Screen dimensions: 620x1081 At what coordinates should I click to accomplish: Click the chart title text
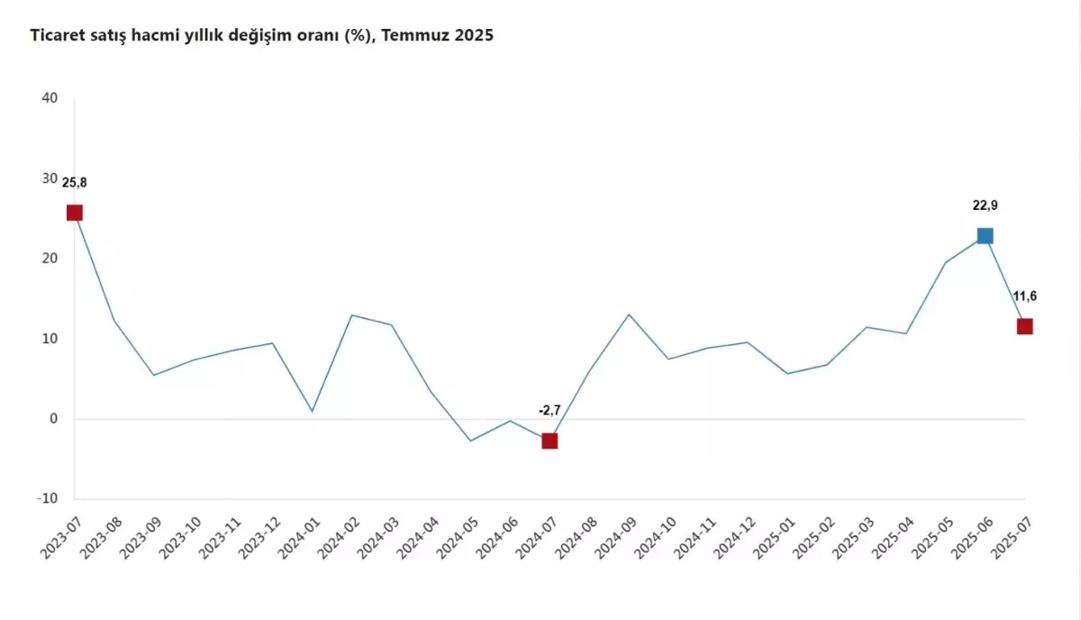tap(262, 36)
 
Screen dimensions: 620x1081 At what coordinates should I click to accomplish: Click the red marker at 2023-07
tap(75, 213)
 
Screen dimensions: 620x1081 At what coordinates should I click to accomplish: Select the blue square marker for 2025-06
tap(985, 236)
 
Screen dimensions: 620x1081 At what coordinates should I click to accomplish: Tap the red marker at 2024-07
tap(550, 441)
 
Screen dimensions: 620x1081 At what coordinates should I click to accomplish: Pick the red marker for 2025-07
tap(1024, 326)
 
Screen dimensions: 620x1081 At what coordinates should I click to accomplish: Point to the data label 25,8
tap(75, 183)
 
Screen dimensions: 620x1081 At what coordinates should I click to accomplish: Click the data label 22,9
tap(985, 205)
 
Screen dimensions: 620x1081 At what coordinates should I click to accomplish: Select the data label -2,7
tap(550, 411)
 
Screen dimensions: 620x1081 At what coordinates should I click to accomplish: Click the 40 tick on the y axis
tap(50, 98)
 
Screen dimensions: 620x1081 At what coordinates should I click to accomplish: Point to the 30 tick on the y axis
tap(50, 178)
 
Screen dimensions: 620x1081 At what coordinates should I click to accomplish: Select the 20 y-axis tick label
tap(50, 259)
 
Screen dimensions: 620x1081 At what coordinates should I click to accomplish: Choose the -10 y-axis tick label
tap(47, 498)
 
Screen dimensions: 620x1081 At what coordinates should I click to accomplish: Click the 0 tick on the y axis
tap(54, 419)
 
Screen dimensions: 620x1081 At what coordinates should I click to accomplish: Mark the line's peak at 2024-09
tap(629, 315)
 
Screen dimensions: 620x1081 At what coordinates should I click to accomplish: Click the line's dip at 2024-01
tap(312, 411)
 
